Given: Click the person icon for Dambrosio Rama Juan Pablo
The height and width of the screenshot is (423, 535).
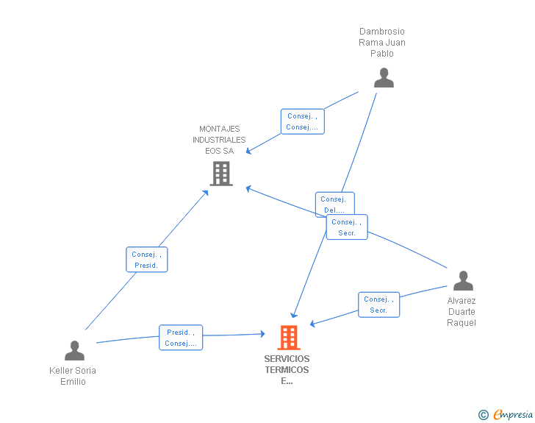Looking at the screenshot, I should click(384, 78).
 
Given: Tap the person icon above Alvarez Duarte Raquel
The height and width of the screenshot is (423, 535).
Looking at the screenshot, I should click(463, 281).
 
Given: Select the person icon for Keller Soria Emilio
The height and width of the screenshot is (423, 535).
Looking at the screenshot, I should click(74, 351).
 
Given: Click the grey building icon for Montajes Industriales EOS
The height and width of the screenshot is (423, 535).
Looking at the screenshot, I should click(221, 174).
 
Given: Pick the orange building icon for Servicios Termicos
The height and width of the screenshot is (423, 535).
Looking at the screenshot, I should click(289, 338).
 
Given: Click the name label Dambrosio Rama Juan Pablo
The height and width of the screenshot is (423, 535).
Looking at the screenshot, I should click(382, 43).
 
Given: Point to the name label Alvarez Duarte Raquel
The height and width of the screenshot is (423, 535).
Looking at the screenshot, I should click(462, 312).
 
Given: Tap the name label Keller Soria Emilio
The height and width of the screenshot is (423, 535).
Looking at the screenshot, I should click(73, 376).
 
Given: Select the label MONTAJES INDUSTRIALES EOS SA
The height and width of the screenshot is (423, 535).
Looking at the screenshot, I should click(220, 140).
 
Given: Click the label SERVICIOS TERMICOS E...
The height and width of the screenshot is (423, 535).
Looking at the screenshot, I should click(287, 370).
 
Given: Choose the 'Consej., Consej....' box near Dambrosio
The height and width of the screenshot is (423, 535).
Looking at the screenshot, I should click(302, 121).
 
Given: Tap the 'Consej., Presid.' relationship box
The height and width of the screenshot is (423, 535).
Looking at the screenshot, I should click(147, 259).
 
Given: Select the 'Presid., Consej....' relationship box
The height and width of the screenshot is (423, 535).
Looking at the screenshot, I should click(181, 338).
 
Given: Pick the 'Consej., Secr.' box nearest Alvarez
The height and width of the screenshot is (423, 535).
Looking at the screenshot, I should click(379, 305).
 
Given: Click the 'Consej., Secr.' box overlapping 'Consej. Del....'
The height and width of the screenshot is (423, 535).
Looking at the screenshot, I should click(347, 227).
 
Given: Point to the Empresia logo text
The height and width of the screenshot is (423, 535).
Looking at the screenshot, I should click(513, 415).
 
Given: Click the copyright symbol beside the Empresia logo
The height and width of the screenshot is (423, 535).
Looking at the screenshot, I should click(484, 415).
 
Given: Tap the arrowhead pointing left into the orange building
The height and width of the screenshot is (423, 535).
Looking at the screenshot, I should click(312, 324).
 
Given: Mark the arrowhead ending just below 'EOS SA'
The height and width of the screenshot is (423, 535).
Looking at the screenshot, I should click(248, 152).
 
